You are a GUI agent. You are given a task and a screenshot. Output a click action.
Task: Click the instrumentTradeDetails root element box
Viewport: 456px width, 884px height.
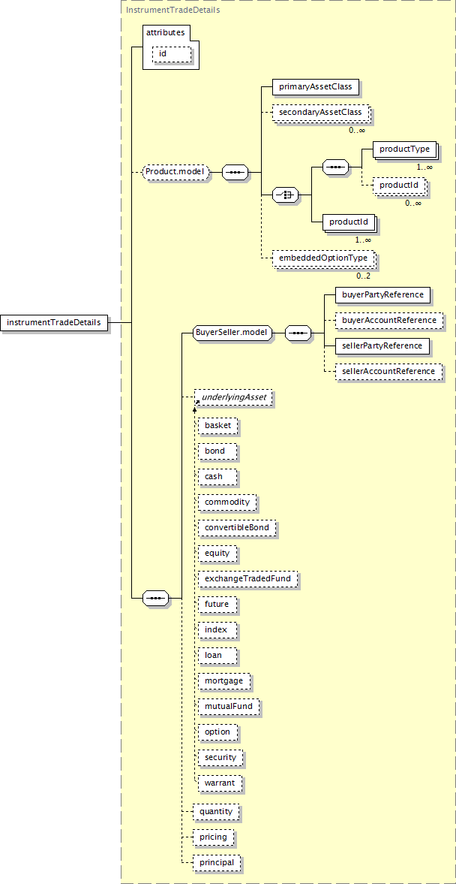54,322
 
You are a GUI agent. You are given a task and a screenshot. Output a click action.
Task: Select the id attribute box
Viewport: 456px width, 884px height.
172,53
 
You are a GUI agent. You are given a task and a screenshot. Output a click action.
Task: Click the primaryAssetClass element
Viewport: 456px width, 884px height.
315,87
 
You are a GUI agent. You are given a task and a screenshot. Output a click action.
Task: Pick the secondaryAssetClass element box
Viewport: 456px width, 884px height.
320,112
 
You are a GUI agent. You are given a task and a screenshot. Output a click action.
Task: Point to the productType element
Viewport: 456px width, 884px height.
405,149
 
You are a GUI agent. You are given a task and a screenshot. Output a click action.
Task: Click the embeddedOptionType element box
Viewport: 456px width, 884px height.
323,258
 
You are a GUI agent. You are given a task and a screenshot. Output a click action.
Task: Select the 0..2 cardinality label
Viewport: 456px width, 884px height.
364,276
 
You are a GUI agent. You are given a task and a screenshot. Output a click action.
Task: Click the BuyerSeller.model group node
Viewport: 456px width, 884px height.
232,333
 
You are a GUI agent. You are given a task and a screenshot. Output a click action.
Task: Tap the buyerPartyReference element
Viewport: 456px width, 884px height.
382,295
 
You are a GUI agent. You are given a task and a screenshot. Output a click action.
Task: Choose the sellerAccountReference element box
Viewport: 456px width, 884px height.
388,371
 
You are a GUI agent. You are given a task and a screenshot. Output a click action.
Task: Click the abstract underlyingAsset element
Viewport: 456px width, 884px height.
233,397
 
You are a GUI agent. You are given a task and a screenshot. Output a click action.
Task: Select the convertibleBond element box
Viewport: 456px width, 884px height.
237,528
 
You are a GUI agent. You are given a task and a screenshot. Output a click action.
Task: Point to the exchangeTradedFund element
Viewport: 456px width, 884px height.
247,578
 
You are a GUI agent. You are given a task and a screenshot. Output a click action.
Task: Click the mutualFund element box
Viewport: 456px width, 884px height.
229,705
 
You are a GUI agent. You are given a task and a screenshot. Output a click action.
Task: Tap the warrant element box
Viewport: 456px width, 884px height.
220,783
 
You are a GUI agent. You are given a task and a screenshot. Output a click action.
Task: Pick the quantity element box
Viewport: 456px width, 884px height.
216,811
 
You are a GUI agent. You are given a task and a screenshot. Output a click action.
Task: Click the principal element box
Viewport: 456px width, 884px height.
217,862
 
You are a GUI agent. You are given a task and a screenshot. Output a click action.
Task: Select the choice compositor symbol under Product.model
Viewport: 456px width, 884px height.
286,195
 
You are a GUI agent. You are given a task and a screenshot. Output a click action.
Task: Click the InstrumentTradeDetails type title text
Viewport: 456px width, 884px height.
173,10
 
